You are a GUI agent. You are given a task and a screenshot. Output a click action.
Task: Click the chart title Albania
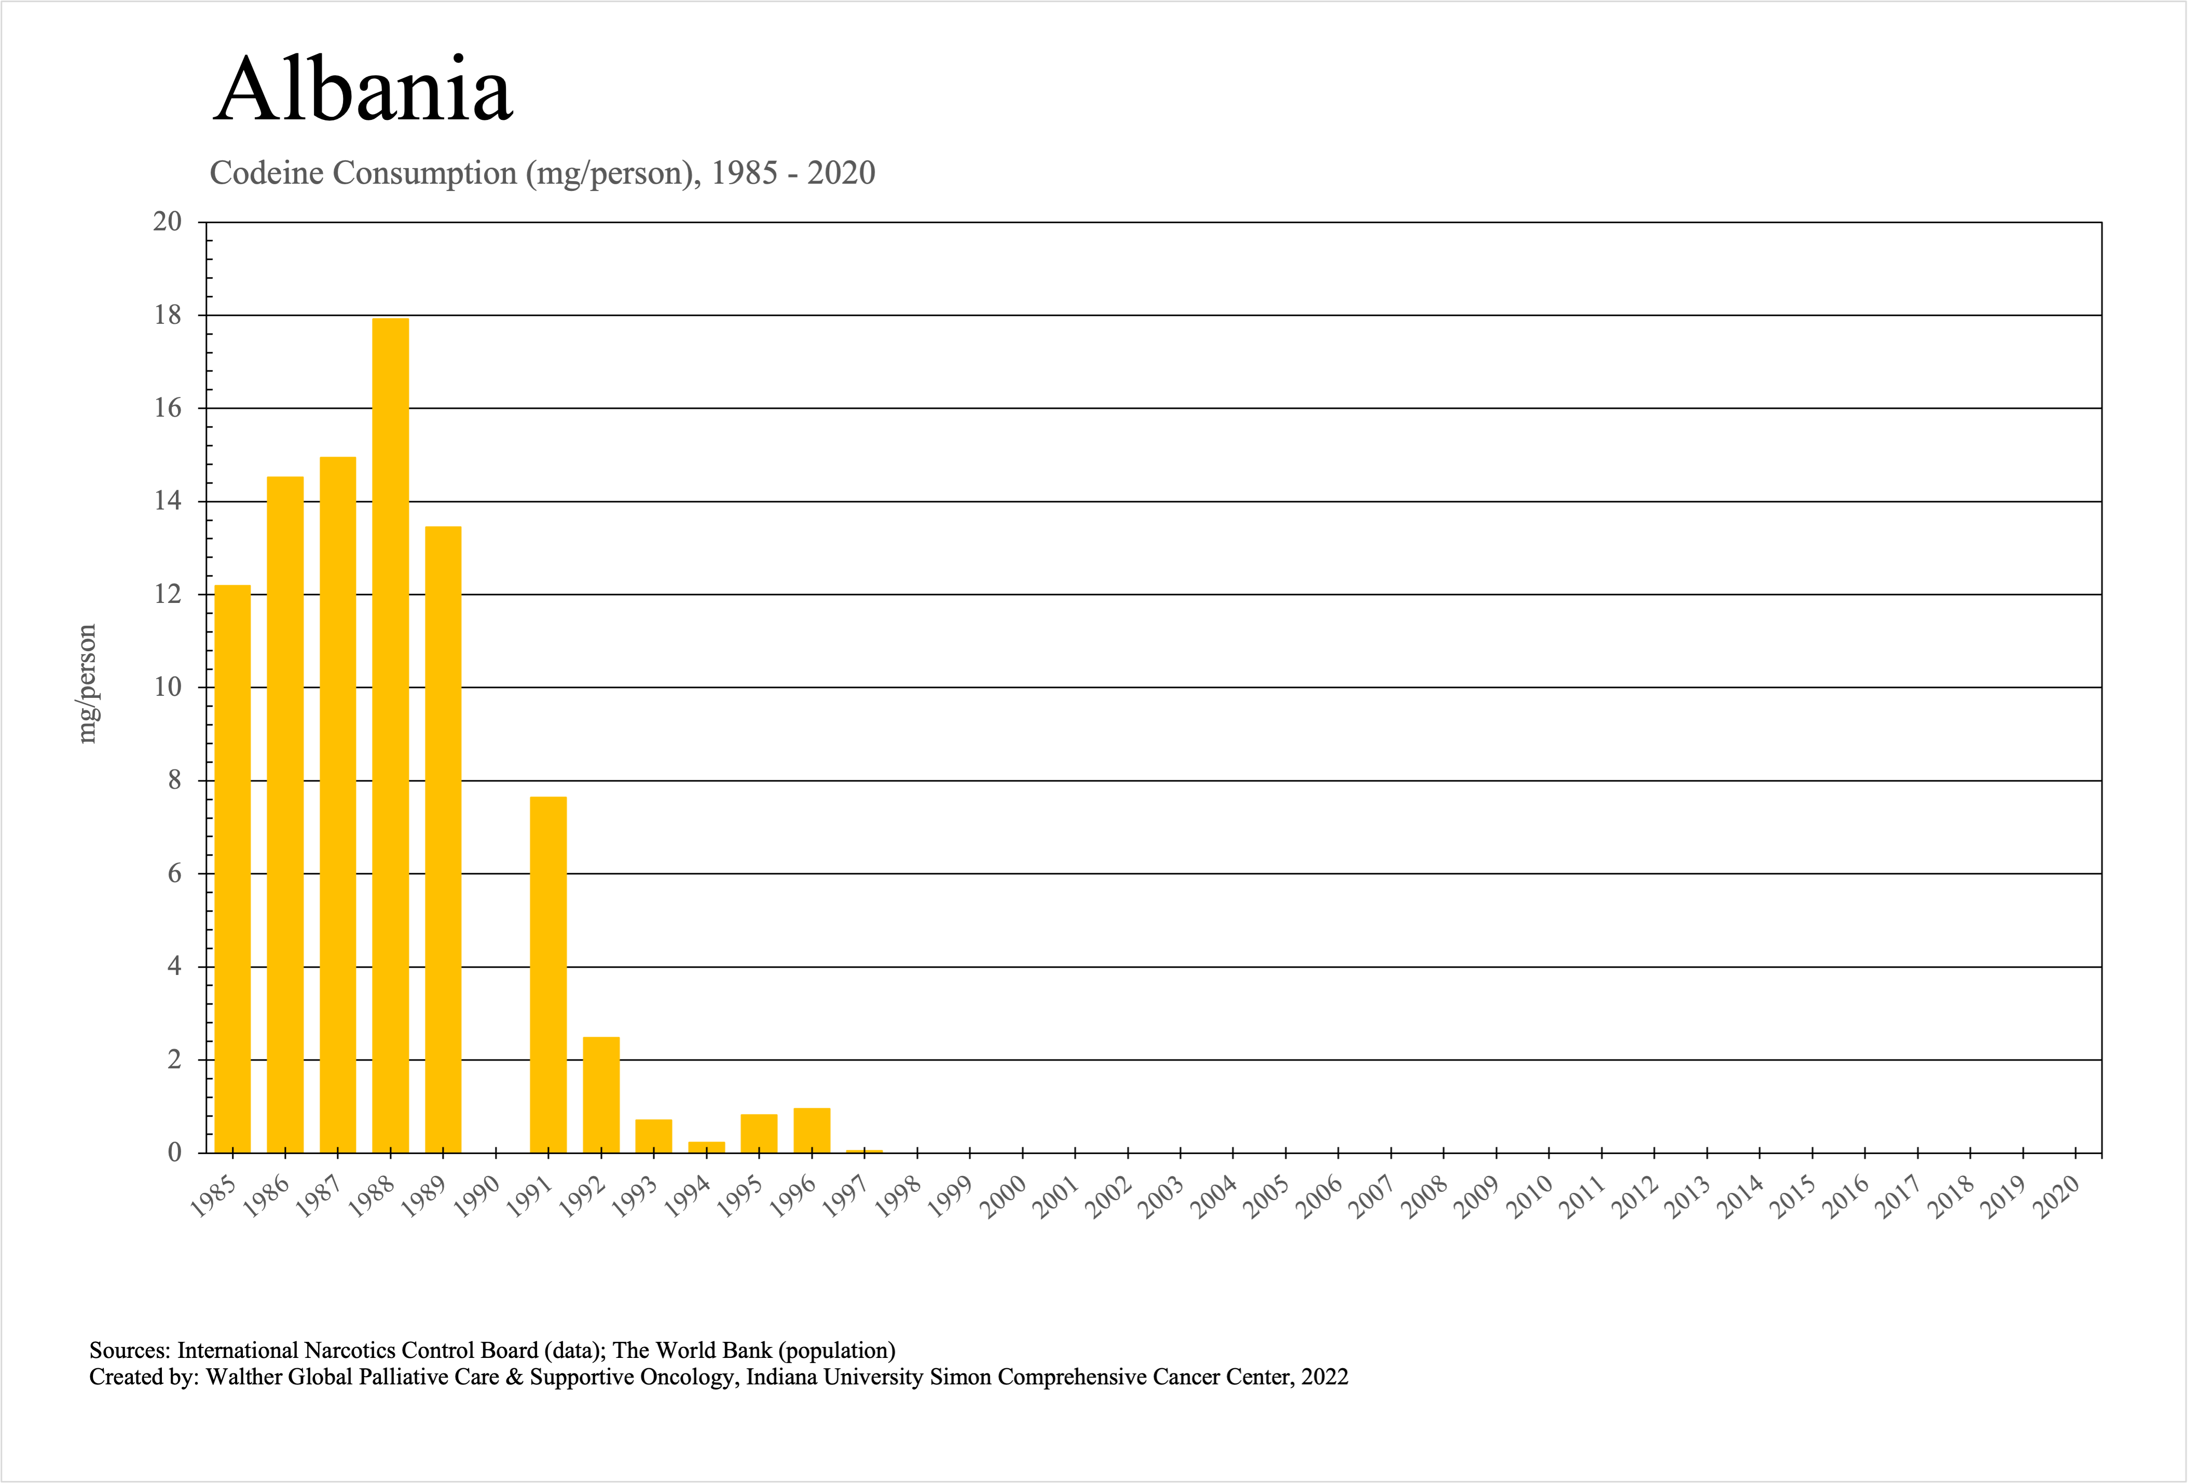coord(363,90)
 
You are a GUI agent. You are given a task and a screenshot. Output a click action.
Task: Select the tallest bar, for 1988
coord(390,735)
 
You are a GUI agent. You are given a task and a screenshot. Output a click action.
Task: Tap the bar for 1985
coord(233,867)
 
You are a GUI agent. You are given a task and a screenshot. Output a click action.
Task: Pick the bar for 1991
coord(548,975)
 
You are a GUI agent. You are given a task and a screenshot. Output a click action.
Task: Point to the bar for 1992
coord(601,1095)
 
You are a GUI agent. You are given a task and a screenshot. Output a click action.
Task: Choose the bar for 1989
coord(443,839)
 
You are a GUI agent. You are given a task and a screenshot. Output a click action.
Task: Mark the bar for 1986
coord(285,815)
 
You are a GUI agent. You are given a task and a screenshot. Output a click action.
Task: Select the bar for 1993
coord(654,1136)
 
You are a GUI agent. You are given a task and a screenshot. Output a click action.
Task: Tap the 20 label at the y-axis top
coord(168,223)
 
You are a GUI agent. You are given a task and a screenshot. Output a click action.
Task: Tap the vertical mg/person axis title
coord(87,684)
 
